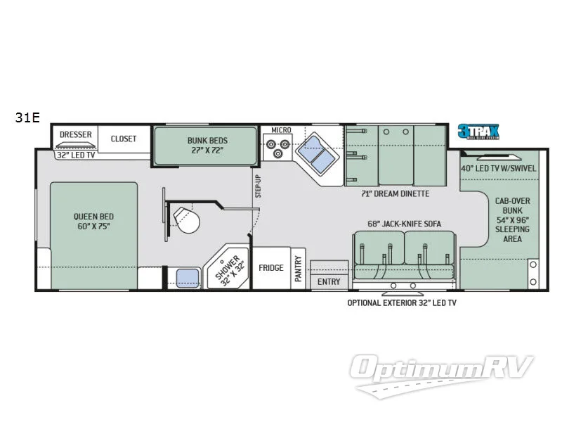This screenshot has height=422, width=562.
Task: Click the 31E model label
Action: pos(27,117)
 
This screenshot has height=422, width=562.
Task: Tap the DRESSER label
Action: pos(76,134)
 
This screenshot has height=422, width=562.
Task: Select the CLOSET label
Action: pos(124,139)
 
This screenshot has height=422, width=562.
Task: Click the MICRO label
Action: pos(282,131)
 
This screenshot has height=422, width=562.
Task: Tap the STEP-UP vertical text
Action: pos(258,186)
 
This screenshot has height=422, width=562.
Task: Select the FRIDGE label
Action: pos(270,268)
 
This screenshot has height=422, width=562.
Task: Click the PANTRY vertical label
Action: pos(299,269)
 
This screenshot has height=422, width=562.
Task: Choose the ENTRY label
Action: pos(329,282)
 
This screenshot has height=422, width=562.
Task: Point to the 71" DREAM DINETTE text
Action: pos(394,193)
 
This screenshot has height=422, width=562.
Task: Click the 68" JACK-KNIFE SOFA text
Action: pos(405,224)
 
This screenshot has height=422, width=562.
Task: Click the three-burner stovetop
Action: pos(277,149)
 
